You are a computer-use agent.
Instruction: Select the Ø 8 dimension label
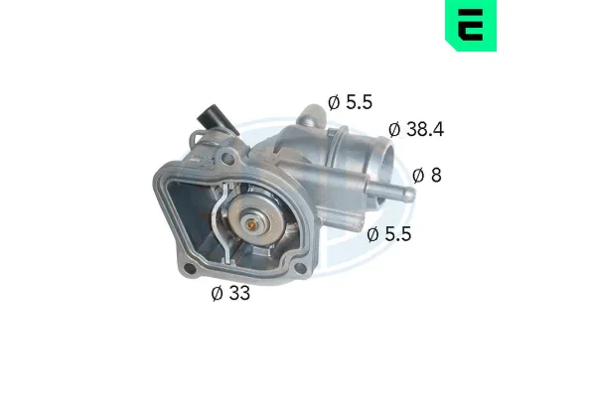(426, 176)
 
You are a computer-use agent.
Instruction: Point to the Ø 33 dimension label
(229, 293)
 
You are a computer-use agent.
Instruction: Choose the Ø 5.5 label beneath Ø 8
(388, 235)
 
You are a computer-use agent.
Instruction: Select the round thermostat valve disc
(255, 222)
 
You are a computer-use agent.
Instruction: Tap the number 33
(238, 293)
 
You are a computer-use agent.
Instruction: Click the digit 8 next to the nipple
(435, 176)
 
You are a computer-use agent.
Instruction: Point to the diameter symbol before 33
(217, 293)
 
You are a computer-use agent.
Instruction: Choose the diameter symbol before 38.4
(394, 129)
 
